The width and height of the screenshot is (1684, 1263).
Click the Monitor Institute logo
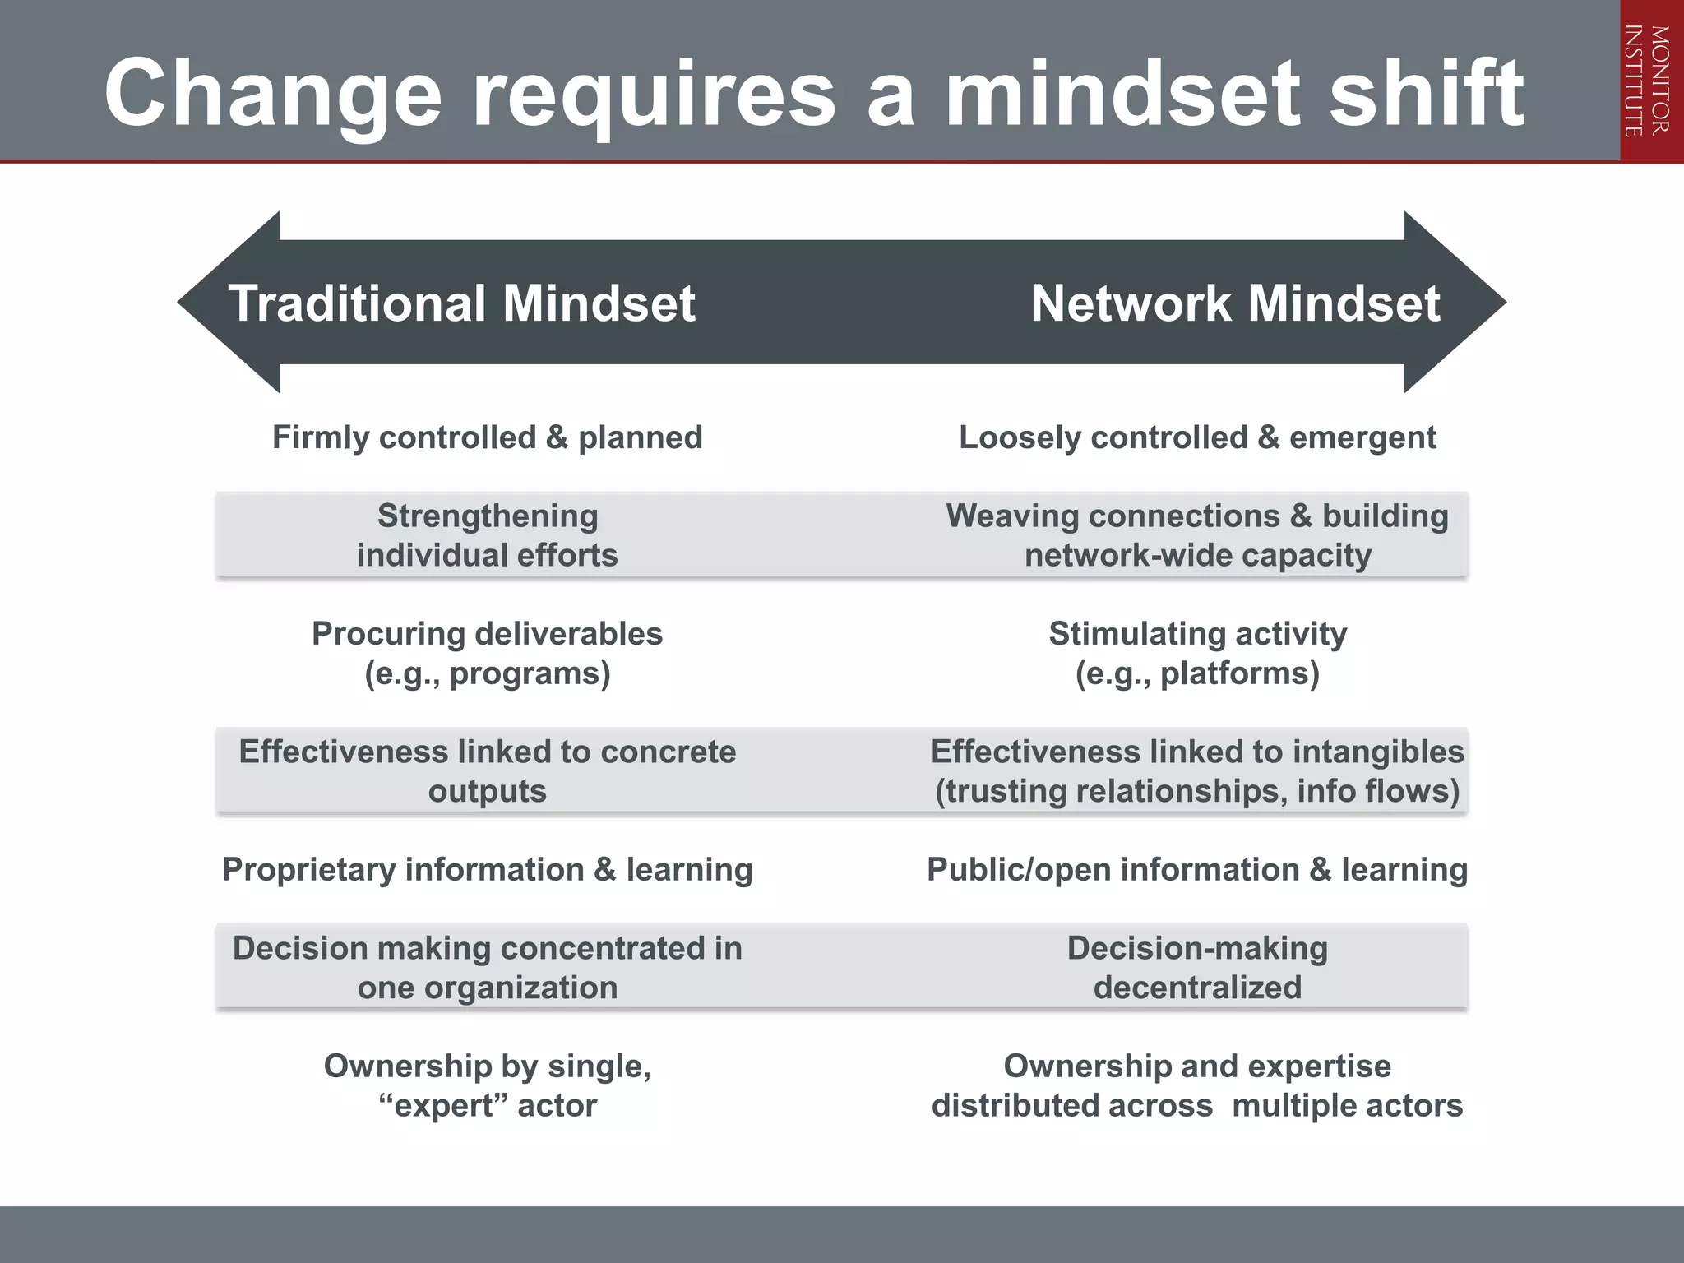point(1651,81)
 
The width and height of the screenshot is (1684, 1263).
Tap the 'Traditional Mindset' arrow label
point(461,303)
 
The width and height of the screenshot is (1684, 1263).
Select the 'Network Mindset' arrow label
point(1235,303)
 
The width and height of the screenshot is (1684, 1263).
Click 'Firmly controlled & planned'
point(487,437)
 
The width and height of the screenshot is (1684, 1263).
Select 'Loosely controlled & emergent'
point(1197,437)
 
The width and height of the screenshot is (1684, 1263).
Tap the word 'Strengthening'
point(488,516)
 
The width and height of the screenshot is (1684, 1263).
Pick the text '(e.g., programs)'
point(488,673)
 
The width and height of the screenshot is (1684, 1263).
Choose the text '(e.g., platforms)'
point(1197,673)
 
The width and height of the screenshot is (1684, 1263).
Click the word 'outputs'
point(488,791)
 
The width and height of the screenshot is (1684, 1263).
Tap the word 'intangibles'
point(1378,752)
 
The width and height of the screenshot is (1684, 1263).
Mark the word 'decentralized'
point(1197,988)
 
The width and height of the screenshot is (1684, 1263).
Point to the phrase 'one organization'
point(488,988)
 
